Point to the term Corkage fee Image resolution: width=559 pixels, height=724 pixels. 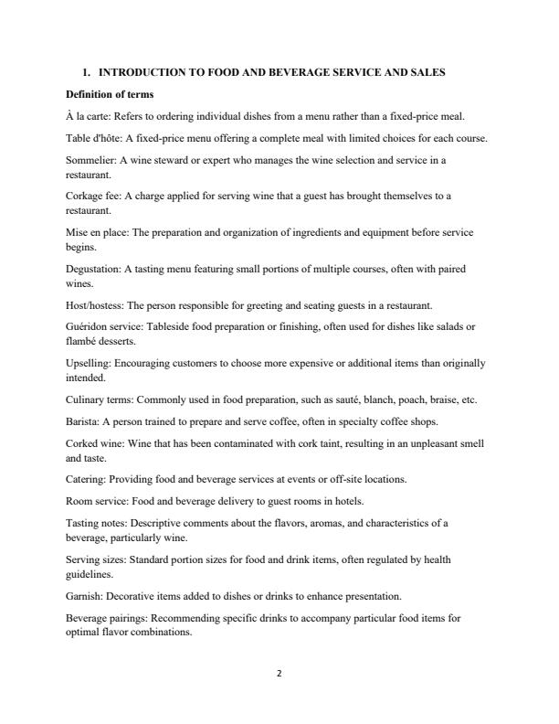[x=93, y=196]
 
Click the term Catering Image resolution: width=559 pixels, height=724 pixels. [x=86, y=479]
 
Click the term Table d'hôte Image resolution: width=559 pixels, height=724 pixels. [x=94, y=138]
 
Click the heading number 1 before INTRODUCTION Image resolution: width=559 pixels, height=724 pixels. [x=85, y=72]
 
